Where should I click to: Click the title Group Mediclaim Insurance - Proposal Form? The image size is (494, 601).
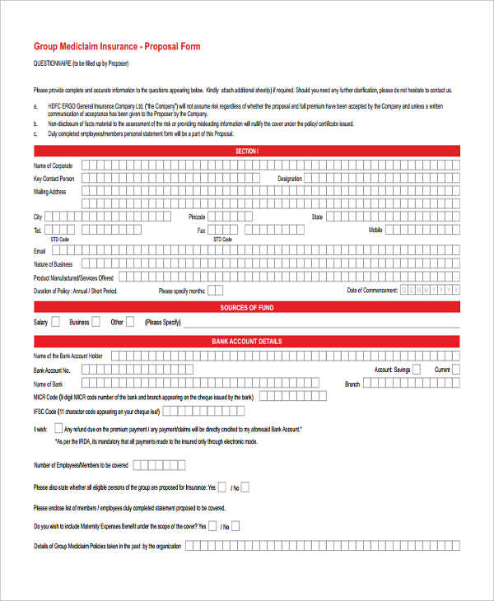click(x=116, y=47)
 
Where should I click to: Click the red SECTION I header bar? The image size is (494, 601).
click(x=246, y=151)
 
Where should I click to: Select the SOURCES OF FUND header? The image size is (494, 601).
click(x=246, y=308)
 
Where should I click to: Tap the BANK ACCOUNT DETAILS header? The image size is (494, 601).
click(x=246, y=341)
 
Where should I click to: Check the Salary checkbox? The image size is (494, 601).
click(x=55, y=322)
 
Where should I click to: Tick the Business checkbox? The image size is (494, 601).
click(x=96, y=322)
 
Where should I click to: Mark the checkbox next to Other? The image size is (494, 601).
click(x=131, y=322)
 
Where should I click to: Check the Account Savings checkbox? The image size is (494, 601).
click(x=419, y=370)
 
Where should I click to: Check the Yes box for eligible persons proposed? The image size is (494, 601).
click(x=222, y=487)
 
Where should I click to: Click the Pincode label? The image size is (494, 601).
click(x=197, y=217)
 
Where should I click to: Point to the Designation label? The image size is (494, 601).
click(x=290, y=178)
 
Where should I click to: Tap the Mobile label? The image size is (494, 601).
click(x=375, y=231)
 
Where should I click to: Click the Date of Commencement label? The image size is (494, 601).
click(x=372, y=291)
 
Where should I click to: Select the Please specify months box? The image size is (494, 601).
click(x=215, y=291)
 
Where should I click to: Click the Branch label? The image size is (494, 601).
click(x=352, y=384)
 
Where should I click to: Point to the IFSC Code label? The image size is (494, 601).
click(x=45, y=411)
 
